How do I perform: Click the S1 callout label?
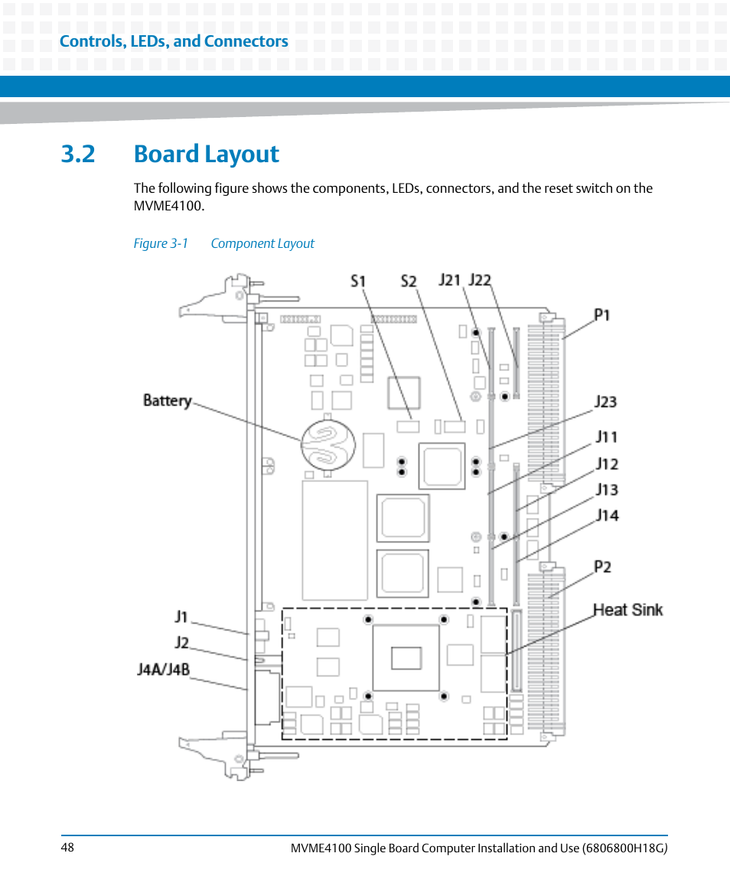click(358, 281)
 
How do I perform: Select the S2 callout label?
click(409, 281)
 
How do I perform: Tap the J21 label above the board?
click(449, 279)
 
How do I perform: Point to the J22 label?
click(480, 279)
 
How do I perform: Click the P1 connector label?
click(601, 315)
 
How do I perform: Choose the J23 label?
click(605, 402)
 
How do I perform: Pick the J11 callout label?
click(607, 436)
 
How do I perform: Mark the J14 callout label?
click(608, 515)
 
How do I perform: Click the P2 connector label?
click(602, 567)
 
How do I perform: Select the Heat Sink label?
click(627, 610)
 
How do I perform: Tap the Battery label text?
click(167, 401)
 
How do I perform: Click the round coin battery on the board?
click(328, 445)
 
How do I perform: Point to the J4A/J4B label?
click(164, 669)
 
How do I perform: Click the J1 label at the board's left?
click(181, 617)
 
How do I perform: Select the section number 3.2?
click(78, 154)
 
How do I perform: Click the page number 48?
click(67, 848)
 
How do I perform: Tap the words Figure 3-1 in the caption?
click(161, 243)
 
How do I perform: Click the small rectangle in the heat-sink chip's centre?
click(406, 658)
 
